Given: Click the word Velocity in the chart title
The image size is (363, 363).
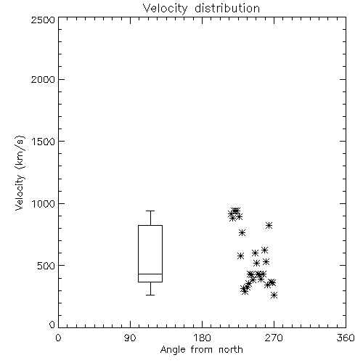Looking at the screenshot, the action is (165, 9).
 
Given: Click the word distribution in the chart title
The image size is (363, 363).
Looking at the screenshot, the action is (227, 8).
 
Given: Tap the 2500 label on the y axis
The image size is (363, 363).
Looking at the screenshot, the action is (43, 20).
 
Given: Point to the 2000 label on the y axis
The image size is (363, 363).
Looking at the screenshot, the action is (43, 79).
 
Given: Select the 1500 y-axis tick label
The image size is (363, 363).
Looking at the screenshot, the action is (44, 142).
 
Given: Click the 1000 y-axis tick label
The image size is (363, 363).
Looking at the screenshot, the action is (44, 204).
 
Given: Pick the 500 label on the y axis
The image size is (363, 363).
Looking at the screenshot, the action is (46, 266).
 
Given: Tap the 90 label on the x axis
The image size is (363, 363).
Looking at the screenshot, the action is (130, 338).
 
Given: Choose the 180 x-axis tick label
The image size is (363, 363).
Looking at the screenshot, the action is (202, 338).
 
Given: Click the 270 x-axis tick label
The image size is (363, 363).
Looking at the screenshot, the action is (274, 338).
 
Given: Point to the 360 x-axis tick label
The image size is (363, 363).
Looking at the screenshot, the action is (346, 338).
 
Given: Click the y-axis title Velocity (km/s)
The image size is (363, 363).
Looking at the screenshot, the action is (20, 173).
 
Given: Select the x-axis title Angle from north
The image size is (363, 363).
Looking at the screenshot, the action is (202, 350).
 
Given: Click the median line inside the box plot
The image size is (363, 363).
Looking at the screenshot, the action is (150, 274).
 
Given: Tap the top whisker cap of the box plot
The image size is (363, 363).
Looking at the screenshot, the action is (150, 211).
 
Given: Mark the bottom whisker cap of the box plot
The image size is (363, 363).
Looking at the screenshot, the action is (150, 295).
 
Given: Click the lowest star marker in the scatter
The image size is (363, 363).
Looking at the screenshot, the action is (274, 295).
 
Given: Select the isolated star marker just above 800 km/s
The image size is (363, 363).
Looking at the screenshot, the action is (269, 226).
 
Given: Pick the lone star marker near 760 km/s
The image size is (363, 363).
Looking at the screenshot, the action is (242, 233).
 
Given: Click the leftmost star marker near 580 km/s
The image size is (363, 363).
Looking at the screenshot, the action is (240, 256).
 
